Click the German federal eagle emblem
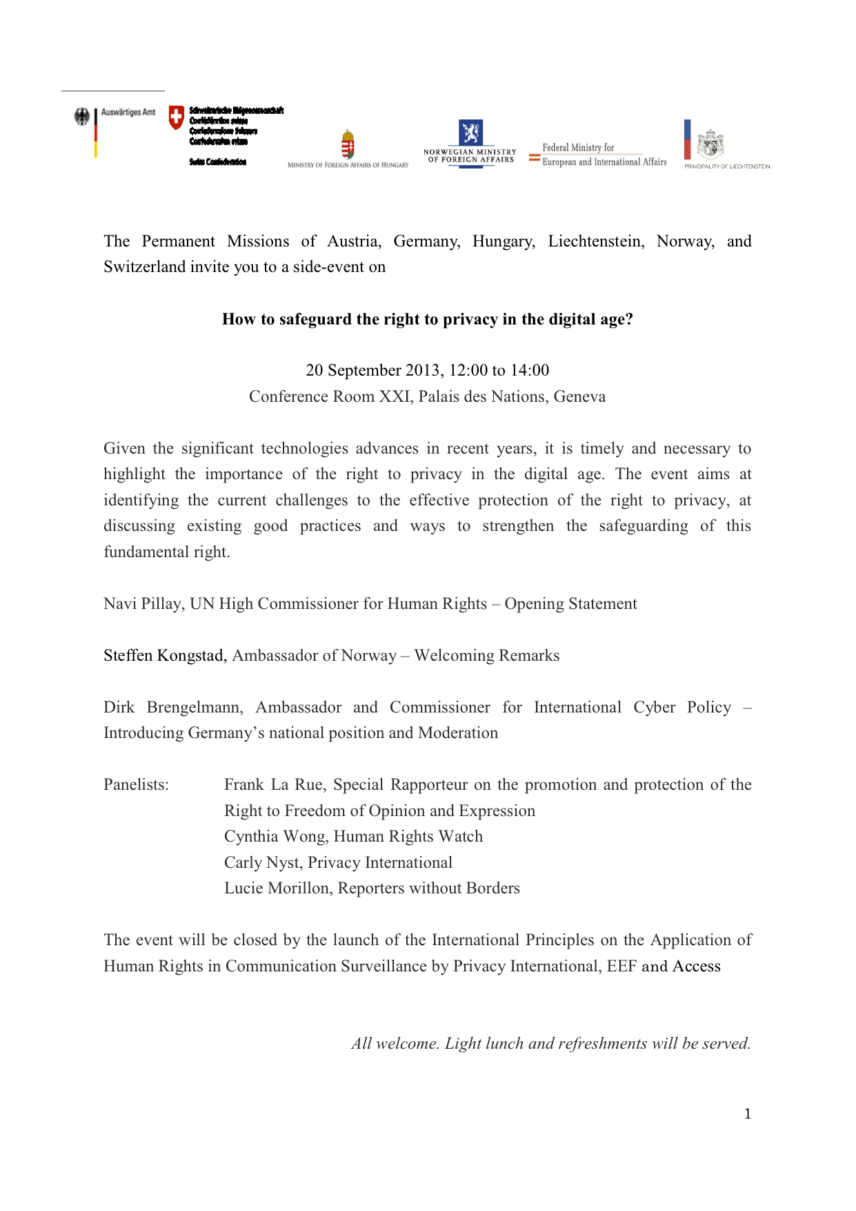tap(82, 117)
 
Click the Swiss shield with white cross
tap(177, 117)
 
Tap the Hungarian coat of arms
tap(348, 145)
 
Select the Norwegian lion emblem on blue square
tap(471, 132)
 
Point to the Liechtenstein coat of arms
tap(710, 144)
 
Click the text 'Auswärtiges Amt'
tap(128, 112)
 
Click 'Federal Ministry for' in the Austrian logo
tap(578, 147)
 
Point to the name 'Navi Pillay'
tap(143, 603)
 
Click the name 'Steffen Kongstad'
tap(165, 655)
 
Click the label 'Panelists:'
tap(136, 784)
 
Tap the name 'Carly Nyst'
tap(262, 862)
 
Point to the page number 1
tap(748, 1114)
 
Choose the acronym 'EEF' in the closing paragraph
tap(621, 966)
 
